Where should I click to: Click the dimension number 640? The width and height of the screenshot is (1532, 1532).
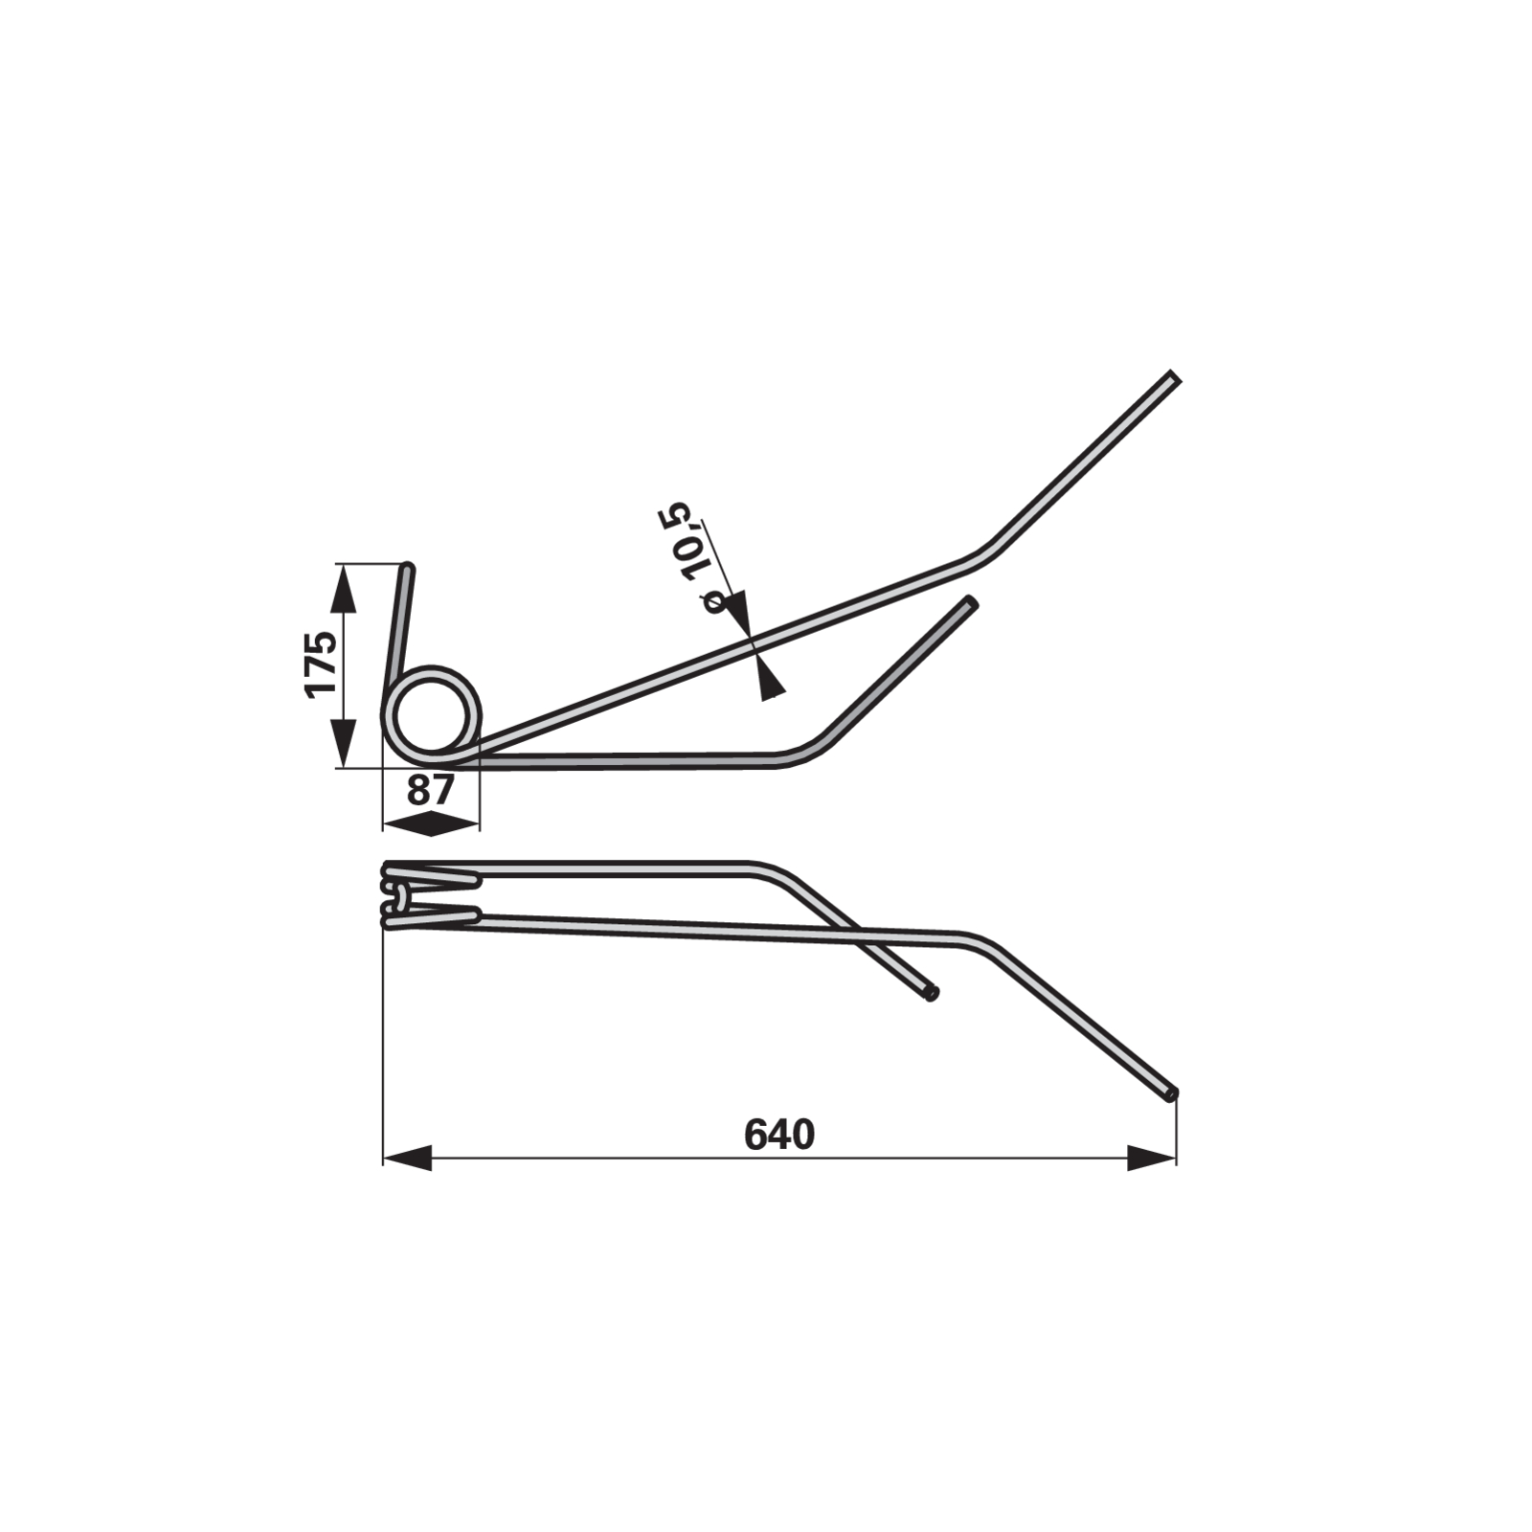pos(779,1136)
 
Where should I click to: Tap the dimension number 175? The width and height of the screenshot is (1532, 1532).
pos(321,664)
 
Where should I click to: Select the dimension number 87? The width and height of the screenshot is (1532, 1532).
pos(430,791)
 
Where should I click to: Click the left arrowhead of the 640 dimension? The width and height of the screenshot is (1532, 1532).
pos(407,1157)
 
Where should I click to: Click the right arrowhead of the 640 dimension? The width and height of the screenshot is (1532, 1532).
pos(1152,1157)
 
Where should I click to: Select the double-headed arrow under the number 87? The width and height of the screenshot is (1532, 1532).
pos(431,822)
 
